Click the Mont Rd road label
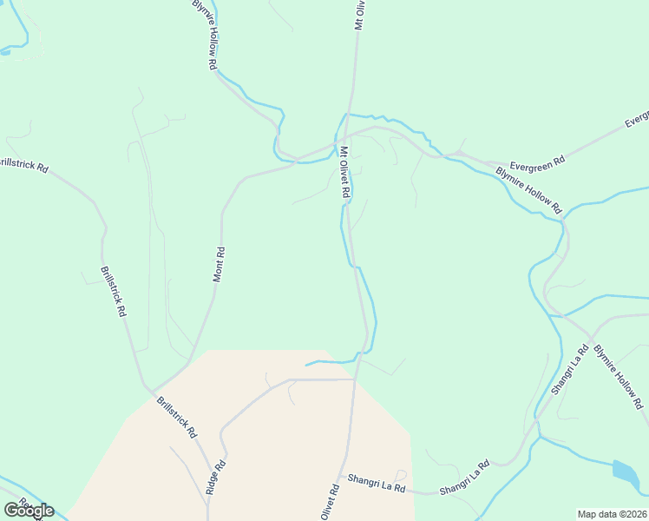pyautogui.click(x=220, y=265)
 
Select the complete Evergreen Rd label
pyautogui.click(x=538, y=162)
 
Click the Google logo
pyautogui.click(x=29, y=510)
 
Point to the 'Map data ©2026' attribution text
pyautogui.click(x=613, y=513)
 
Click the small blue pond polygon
pyautogui.click(x=626, y=472)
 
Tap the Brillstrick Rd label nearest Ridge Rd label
pyautogui.click(x=177, y=417)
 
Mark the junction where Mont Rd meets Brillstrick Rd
pyautogui.click(x=151, y=389)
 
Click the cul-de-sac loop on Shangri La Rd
pyautogui.click(x=401, y=475)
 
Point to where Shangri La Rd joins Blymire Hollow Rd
pyautogui.click(x=591, y=336)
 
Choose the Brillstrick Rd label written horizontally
pyautogui.click(x=23, y=163)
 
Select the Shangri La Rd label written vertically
pyautogui.click(x=572, y=369)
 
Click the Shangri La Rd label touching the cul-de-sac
pyautogui.click(x=377, y=484)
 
